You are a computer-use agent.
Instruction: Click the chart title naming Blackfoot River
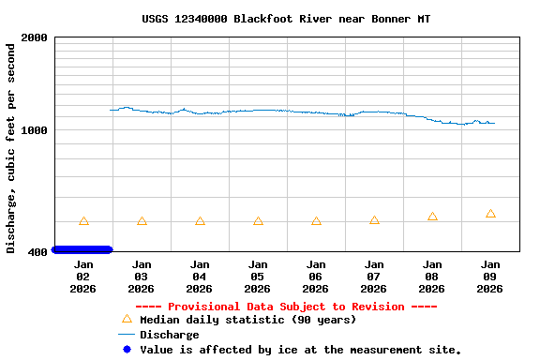[x=286, y=19]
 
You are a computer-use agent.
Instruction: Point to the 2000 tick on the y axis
[x=35, y=37]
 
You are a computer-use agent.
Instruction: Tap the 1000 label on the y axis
[x=35, y=130]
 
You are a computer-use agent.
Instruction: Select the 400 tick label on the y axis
[x=38, y=252]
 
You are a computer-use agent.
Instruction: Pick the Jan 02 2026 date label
[x=83, y=277]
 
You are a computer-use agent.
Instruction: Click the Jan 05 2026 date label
[x=258, y=277]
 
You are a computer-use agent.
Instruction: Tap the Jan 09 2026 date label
[x=490, y=277]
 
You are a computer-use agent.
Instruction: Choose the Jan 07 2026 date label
[x=374, y=277]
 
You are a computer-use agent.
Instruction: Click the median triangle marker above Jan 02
[x=83, y=221]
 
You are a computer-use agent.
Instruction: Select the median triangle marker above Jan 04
[x=200, y=221]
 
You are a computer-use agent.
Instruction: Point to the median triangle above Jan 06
[x=316, y=221]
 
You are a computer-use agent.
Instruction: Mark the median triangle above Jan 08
[x=432, y=217]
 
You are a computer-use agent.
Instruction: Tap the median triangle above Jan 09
[x=490, y=214]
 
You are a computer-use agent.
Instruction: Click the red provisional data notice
[x=286, y=307]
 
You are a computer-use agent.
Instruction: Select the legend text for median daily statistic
[x=247, y=320]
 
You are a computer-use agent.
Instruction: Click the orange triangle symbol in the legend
[x=127, y=320]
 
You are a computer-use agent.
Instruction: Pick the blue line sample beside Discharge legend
[x=127, y=335]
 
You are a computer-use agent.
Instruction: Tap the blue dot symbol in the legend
[x=127, y=350]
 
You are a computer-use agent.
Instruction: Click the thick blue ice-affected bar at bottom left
[x=82, y=249]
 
